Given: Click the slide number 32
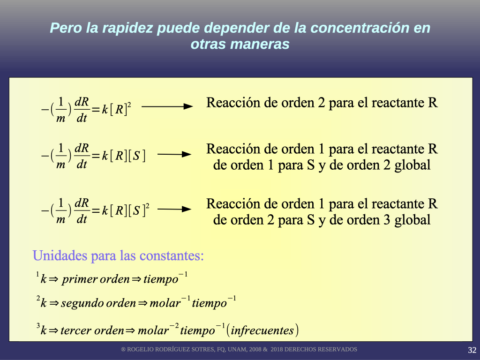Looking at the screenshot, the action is tap(472, 350).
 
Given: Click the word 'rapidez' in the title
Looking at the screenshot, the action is tap(127, 28).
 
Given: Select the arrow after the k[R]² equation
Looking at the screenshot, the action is tap(167, 106).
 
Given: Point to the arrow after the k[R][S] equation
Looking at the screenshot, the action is tap(174, 154).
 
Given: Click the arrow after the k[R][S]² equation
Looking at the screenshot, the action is tap(174, 210).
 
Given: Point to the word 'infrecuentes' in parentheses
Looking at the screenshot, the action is tap(262, 330).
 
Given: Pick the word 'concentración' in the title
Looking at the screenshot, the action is tap(360, 28).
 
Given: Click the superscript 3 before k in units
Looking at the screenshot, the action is tap(38, 325).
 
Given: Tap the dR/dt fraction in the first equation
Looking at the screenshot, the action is tap(82, 110).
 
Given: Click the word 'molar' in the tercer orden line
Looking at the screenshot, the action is tap(153, 330).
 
